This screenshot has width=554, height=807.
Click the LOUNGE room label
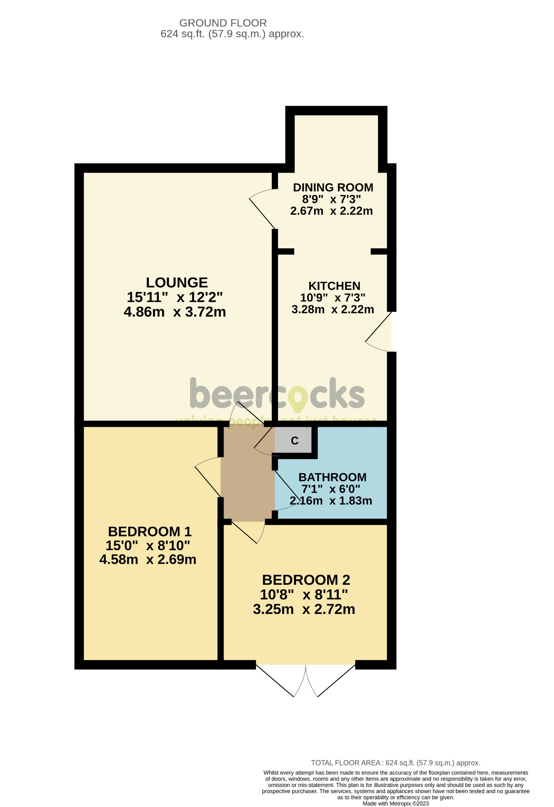(x=177, y=283)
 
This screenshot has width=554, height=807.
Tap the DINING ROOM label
(x=333, y=187)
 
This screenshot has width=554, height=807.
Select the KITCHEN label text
(x=334, y=286)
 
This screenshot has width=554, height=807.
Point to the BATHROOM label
(x=332, y=477)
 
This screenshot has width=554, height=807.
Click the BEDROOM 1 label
(x=149, y=532)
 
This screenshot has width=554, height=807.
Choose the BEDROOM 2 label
(x=306, y=580)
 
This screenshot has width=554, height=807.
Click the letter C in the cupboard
(x=295, y=441)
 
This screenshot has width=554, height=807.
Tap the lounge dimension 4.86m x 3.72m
(x=175, y=312)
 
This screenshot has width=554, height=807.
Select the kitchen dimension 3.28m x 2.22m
(x=333, y=309)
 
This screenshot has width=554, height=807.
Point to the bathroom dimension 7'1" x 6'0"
(x=331, y=489)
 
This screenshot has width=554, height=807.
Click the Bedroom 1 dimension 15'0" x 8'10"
(x=148, y=546)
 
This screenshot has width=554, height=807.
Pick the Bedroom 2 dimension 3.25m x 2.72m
(x=304, y=609)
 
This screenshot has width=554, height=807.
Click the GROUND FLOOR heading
(x=223, y=23)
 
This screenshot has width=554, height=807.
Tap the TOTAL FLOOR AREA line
(x=395, y=763)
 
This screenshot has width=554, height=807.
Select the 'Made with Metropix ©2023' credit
(x=395, y=803)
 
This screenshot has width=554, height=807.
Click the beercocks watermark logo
(x=277, y=394)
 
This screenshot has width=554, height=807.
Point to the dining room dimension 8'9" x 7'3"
(x=331, y=199)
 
